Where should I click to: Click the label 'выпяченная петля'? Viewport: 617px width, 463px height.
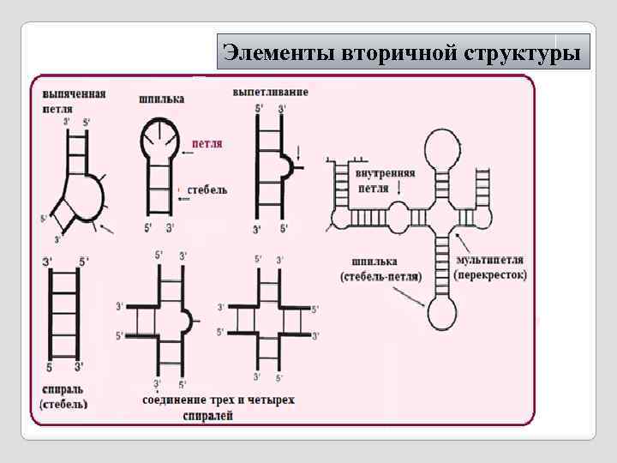(73, 101)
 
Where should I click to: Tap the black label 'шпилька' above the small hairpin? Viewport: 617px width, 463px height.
(161, 99)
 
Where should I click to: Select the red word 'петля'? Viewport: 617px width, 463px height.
(207, 144)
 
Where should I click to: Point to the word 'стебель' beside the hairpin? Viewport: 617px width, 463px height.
(207, 189)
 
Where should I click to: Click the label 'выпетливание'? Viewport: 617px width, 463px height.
(271, 91)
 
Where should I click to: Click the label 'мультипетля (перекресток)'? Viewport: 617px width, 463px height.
(491, 267)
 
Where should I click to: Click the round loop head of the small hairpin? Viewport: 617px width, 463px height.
(159, 136)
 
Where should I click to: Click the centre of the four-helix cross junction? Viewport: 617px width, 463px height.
(267, 319)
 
